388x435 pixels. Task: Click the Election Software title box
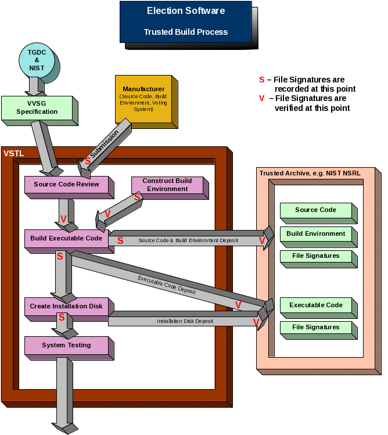(185, 21)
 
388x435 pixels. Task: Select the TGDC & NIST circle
(36, 60)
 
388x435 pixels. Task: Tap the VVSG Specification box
(37, 108)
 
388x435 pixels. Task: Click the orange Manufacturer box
(143, 99)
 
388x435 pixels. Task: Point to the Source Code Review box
(66, 185)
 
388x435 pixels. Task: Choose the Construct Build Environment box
(167, 185)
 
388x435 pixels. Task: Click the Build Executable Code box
(66, 238)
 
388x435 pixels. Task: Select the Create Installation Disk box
(66, 306)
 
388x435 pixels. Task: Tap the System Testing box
(66, 345)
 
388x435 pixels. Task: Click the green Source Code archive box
(315, 210)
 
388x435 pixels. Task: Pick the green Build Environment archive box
(315, 234)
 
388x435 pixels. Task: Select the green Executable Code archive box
(315, 305)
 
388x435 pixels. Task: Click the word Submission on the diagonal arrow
(105, 143)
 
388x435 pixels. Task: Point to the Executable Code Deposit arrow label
(167, 285)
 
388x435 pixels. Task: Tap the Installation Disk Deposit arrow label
(185, 321)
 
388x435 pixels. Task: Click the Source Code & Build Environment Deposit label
(188, 240)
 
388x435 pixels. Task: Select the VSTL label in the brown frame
(14, 153)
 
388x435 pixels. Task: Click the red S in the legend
(261, 80)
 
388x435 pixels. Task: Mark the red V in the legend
(261, 98)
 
